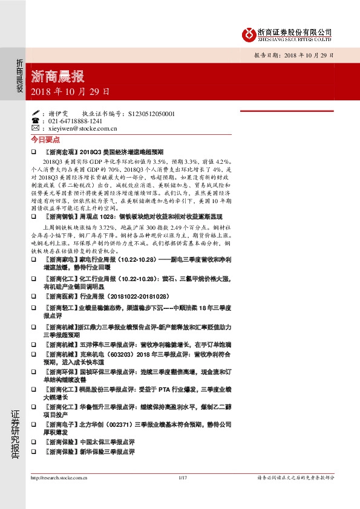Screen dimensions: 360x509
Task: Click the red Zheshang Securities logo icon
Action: (x=247, y=34)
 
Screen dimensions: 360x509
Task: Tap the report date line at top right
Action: (x=293, y=55)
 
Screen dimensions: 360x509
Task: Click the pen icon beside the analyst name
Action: (x=35, y=113)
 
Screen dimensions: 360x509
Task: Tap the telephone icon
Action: (x=35, y=121)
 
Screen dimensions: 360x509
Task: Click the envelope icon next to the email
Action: (x=35, y=128)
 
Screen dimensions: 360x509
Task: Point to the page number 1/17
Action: (x=181, y=478)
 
